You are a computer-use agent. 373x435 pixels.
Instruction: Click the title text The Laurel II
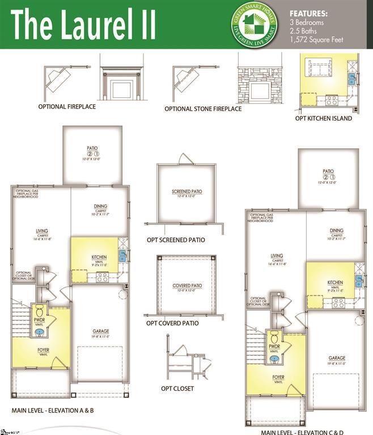click(83, 25)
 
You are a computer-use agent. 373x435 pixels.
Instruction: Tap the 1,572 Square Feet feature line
click(316, 40)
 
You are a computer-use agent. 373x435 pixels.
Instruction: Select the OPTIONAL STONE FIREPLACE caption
click(203, 109)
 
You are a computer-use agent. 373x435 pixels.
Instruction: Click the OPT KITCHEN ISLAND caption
click(324, 118)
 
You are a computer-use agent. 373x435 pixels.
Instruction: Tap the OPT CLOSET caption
click(177, 389)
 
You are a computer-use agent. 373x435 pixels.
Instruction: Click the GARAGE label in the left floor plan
click(101, 331)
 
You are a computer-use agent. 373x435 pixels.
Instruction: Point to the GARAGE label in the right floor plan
click(337, 358)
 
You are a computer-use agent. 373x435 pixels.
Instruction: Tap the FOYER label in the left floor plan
click(43, 350)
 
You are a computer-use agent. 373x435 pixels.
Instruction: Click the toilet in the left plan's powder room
click(40, 312)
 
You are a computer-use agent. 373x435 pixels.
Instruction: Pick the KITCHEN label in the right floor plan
click(335, 282)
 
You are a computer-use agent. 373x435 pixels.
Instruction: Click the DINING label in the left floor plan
click(101, 206)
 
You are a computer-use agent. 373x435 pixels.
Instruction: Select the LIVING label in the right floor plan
click(277, 255)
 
